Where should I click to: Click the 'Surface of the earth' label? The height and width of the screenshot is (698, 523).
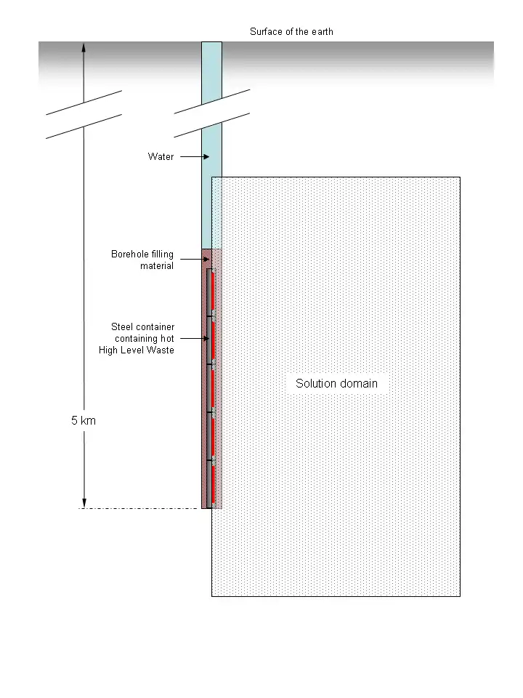point(291,31)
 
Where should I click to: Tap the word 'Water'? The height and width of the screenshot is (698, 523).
point(161,157)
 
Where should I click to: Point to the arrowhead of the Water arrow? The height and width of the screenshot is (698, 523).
point(206,157)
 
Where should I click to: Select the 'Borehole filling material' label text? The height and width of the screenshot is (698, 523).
point(142,260)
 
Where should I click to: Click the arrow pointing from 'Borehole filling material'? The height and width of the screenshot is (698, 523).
point(195,259)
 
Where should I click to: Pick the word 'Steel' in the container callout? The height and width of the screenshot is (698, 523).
point(122,326)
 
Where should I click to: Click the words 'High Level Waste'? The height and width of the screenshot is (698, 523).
point(136,350)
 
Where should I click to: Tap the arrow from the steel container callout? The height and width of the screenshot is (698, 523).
point(195,338)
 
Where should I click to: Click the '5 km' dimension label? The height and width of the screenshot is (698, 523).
point(84,421)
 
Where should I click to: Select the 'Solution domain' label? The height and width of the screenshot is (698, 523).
point(336,383)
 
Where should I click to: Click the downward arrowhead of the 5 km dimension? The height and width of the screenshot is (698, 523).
point(84,503)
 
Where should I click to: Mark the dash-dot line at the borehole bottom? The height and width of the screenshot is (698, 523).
point(138,508)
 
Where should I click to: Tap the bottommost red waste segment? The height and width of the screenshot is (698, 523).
point(214,484)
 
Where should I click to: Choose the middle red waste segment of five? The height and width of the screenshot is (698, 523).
point(214,388)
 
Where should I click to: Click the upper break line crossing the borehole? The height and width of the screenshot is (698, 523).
point(211,102)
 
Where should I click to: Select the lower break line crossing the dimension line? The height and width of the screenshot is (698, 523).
point(84,127)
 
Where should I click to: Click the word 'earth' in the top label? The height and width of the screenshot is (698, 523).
point(323,31)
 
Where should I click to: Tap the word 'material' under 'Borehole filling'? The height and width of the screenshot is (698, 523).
point(157,266)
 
